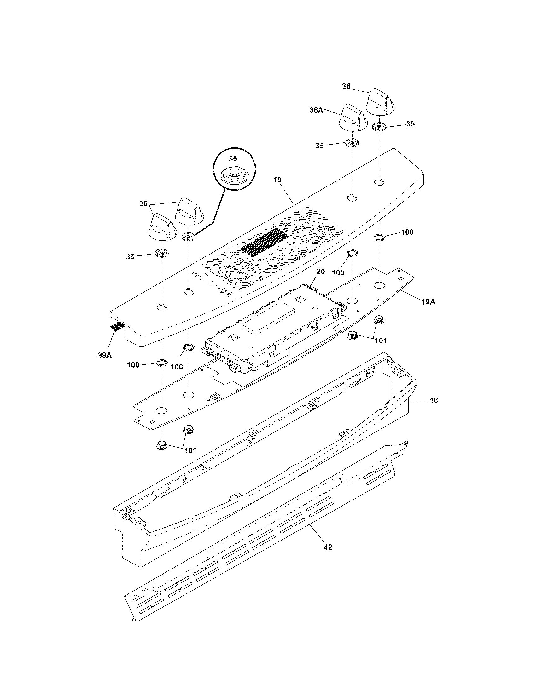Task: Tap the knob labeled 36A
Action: point(353,117)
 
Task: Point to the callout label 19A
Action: point(428,302)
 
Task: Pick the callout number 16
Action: point(434,400)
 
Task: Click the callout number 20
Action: point(321,272)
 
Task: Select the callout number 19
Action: point(277,180)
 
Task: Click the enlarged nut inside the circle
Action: point(233,176)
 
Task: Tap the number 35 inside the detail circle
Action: point(233,159)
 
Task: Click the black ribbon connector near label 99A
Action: point(117,326)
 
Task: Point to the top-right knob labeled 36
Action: point(381,100)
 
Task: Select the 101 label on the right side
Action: point(381,341)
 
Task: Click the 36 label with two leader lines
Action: point(143,203)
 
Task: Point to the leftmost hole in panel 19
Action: point(162,307)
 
